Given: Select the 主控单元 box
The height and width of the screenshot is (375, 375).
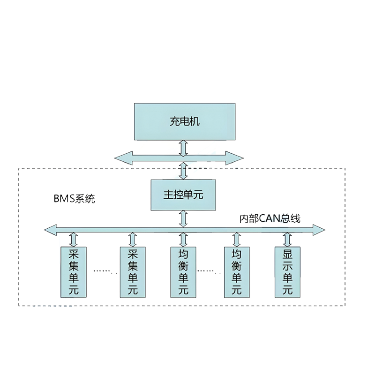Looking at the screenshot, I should pyautogui.click(x=184, y=195).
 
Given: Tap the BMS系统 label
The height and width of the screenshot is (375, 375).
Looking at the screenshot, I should pyautogui.click(x=74, y=198).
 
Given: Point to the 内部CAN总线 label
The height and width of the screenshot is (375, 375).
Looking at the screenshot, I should pyautogui.click(x=270, y=218).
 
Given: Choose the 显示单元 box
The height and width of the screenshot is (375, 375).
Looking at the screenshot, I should pyautogui.click(x=287, y=272).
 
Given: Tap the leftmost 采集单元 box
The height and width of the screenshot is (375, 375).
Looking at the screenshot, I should pyautogui.click(x=74, y=272).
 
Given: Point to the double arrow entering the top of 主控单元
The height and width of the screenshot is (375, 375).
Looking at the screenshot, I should pyautogui.click(x=183, y=171).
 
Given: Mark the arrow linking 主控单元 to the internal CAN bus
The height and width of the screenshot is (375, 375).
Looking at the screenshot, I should pyautogui.click(x=183, y=218).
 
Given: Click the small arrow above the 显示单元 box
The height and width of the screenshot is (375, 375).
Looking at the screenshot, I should pyautogui.click(x=287, y=239).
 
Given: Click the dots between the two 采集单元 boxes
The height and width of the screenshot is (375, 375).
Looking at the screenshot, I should pyautogui.click(x=103, y=271).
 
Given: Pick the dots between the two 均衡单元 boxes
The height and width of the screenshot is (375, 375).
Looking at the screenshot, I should pyautogui.click(x=210, y=271).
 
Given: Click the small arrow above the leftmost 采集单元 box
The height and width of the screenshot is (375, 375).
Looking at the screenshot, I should pyautogui.click(x=74, y=239).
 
